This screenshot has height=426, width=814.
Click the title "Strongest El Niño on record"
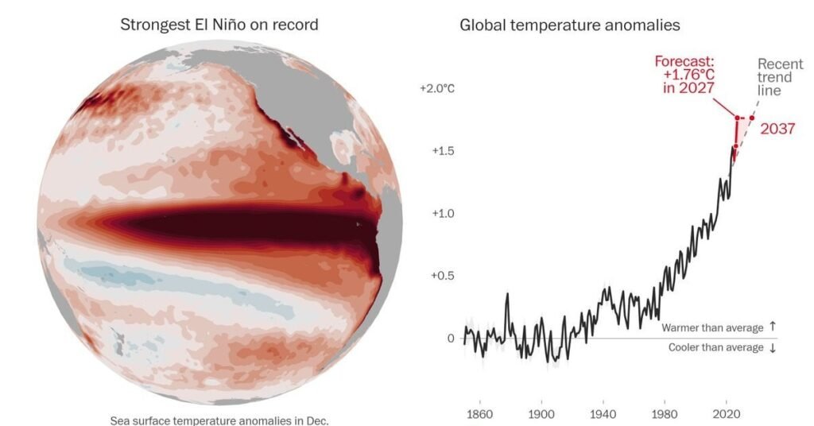point(219,25)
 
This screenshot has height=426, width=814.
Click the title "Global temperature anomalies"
point(569,25)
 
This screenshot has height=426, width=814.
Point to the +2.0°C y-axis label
point(437,89)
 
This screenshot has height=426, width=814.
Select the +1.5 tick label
point(443,151)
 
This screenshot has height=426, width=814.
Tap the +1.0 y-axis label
point(443,213)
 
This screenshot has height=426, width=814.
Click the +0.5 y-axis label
point(443,276)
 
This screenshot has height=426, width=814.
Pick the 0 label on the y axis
point(451,339)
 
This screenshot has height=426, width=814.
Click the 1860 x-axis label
point(479,414)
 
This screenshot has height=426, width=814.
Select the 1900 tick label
point(541,414)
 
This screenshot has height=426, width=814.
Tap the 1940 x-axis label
point(603,414)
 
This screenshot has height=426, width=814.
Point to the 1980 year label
point(665,414)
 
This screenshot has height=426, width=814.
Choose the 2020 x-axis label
point(727,414)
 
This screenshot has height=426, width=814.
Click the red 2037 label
point(777,129)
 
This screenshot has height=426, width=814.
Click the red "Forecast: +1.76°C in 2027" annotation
point(685,75)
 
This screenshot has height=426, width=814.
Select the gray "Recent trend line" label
point(780,77)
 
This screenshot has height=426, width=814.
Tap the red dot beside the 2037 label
point(752,118)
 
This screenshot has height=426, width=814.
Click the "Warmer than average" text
point(712,328)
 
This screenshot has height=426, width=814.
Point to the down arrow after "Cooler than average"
point(773,347)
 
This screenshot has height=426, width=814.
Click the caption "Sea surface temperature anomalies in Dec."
point(219,420)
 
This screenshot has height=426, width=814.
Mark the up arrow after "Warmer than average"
point(773,327)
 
